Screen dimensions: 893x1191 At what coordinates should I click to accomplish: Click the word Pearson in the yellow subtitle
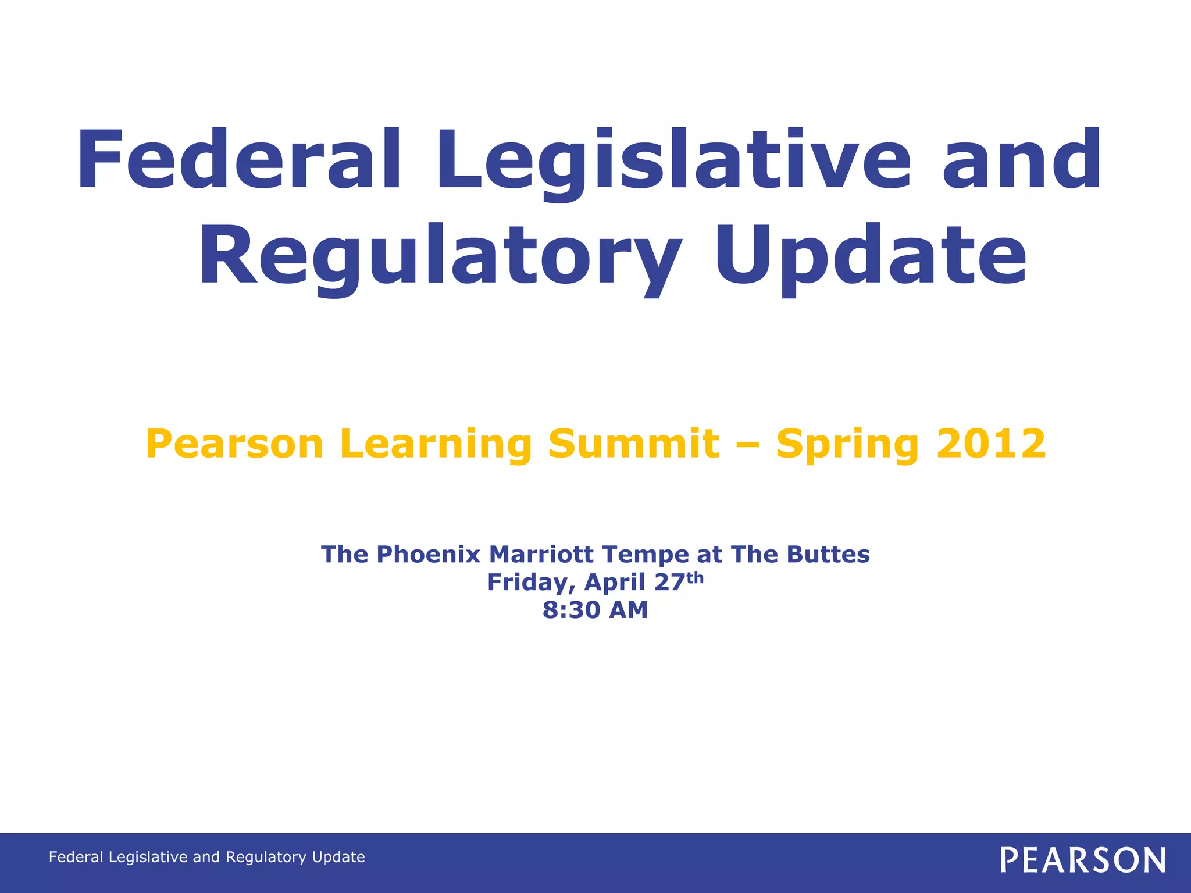(234, 444)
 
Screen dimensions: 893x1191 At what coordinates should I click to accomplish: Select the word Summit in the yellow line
(633, 444)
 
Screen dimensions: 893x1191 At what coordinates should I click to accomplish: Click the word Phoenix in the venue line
(428, 554)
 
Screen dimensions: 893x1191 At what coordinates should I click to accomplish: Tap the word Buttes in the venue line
(828, 554)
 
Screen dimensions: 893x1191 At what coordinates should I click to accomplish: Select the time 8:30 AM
(595, 610)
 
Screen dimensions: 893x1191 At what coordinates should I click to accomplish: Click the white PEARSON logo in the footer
(1083, 860)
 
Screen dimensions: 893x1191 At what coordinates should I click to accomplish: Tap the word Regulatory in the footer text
(266, 858)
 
